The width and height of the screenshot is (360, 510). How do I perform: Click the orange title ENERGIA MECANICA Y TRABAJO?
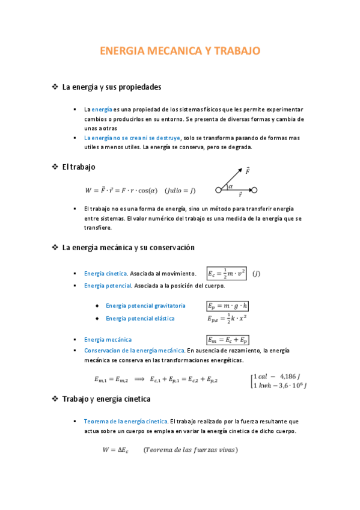(180, 51)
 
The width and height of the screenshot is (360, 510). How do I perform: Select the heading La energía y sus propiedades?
(112, 87)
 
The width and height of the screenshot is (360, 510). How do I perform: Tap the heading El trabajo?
(79, 167)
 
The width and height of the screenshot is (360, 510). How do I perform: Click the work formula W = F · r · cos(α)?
(121, 191)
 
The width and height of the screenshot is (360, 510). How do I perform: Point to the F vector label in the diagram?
(248, 171)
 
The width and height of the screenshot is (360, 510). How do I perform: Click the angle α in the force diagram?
(230, 186)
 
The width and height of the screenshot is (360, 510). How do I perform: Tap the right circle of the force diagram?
(254, 191)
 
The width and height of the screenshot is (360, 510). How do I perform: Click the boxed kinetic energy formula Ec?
(227, 274)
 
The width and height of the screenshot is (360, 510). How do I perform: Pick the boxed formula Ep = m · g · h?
(228, 306)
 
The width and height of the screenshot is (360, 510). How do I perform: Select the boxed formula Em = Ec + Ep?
(228, 340)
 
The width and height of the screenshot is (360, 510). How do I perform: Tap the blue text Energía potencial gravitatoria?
(145, 306)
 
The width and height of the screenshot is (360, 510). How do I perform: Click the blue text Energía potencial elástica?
(140, 318)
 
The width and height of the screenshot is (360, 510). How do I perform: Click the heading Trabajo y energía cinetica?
(106, 399)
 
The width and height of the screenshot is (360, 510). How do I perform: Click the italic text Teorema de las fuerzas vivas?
(191, 449)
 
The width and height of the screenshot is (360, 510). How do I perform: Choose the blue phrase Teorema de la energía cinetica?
(126, 422)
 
